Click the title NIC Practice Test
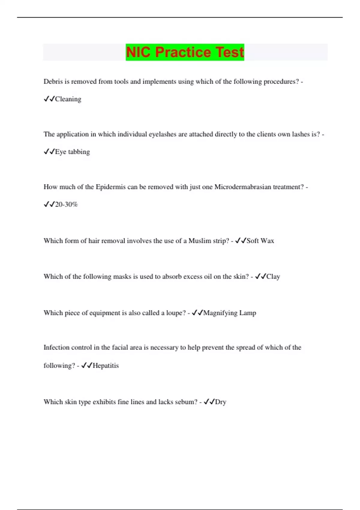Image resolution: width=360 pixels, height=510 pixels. (x=185, y=52)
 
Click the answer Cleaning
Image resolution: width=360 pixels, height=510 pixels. (x=68, y=99)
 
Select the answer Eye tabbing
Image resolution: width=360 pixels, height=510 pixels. (x=72, y=152)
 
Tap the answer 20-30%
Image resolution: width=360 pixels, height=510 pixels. (x=66, y=205)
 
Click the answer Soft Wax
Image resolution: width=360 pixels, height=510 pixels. (x=260, y=241)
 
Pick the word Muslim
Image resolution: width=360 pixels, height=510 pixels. (x=199, y=241)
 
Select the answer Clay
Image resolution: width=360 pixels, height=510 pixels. (x=273, y=277)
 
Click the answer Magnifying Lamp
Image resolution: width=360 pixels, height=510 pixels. (x=229, y=313)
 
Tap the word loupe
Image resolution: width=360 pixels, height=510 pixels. (x=176, y=313)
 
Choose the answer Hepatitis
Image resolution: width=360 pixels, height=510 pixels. (x=106, y=366)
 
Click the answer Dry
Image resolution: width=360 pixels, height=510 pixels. (x=220, y=402)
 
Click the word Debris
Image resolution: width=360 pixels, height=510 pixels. (x=53, y=82)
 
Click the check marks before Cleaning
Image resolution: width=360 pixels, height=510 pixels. (x=49, y=99)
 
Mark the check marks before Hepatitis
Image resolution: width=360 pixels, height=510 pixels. (x=87, y=366)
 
